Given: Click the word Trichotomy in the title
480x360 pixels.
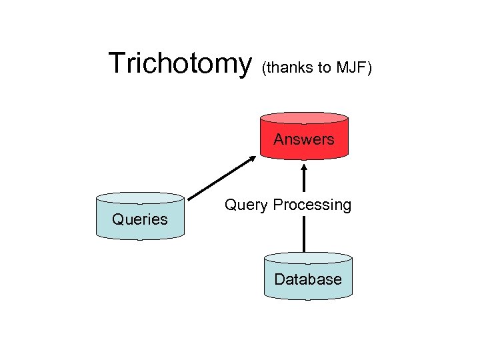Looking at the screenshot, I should click(x=179, y=64).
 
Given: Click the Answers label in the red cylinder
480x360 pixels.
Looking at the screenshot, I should click(x=303, y=139).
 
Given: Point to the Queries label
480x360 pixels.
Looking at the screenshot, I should click(x=140, y=219).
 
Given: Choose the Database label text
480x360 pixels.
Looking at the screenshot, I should click(x=308, y=279).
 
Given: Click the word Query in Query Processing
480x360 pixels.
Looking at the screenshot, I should click(x=246, y=205).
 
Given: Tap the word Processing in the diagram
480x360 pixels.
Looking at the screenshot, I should click(x=312, y=205).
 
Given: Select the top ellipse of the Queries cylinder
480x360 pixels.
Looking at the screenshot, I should click(x=140, y=198).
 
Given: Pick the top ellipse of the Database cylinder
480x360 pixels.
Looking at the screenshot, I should click(x=308, y=258).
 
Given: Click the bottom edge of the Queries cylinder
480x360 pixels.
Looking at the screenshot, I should click(x=140, y=238).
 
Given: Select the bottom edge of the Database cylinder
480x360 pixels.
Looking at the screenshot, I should click(x=308, y=299).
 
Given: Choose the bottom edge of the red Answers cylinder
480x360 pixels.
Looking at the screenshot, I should click(x=303, y=159).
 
